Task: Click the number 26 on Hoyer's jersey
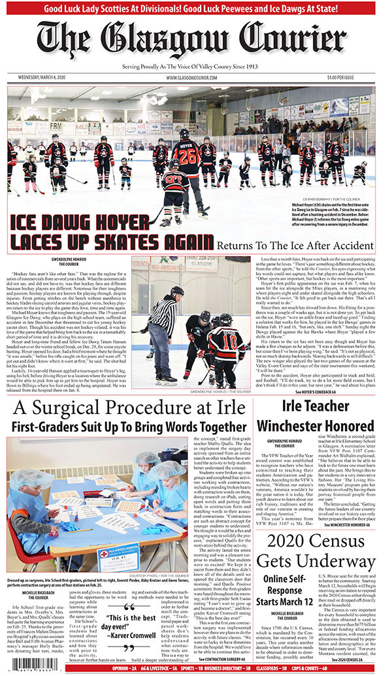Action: point(189,158)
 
